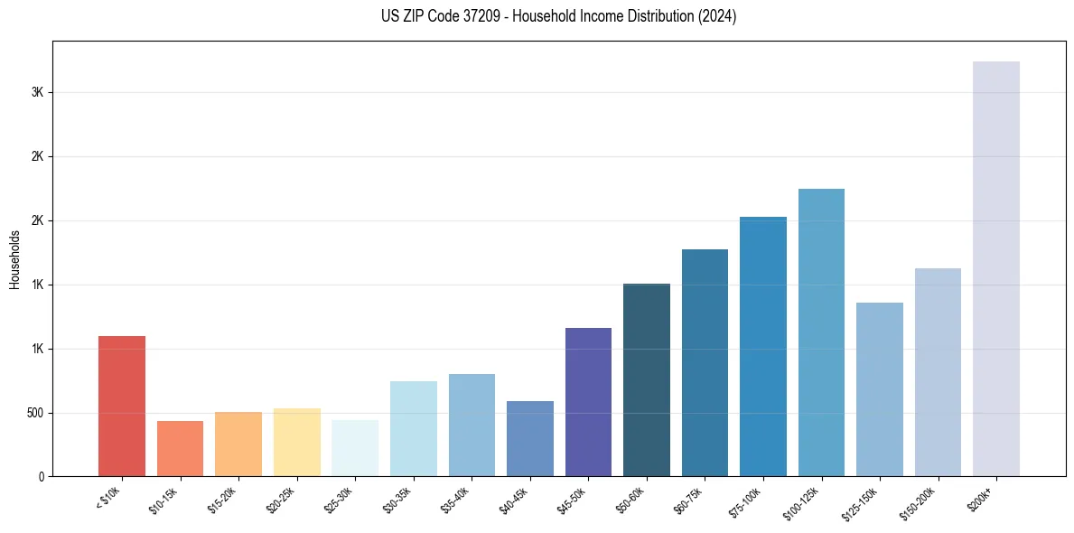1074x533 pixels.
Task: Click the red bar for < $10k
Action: (x=122, y=406)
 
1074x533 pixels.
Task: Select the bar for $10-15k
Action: (x=180, y=448)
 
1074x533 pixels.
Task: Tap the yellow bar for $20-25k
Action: (x=296, y=442)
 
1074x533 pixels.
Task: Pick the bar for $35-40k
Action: (x=472, y=425)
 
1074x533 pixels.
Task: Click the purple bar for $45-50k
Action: (x=588, y=402)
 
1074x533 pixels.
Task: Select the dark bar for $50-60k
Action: (x=647, y=379)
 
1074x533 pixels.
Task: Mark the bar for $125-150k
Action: (x=880, y=389)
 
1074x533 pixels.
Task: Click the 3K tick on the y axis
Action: (x=37, y=92)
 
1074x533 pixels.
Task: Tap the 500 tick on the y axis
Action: (x=34, y=413)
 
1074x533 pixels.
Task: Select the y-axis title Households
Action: (x=14, y=258)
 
